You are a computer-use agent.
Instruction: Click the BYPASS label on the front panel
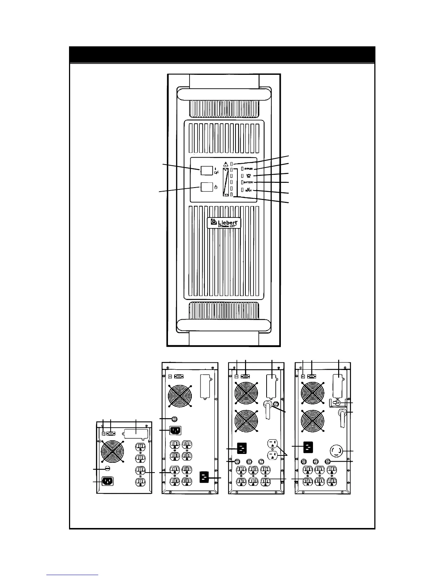coord(248,169)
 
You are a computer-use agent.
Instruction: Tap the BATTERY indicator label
coord(248,182)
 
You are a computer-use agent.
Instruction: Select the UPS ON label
coord(248,176)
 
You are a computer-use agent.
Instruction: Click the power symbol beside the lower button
coord(216,187)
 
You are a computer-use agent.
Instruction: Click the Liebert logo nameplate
coord(224,223)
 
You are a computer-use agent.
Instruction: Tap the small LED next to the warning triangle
coord(232,163)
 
